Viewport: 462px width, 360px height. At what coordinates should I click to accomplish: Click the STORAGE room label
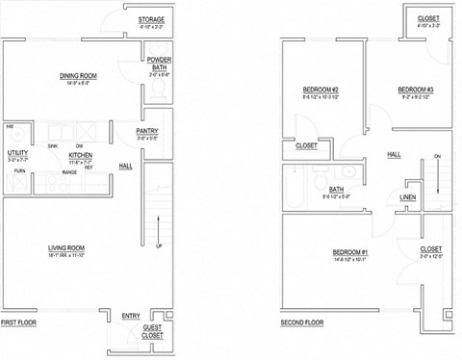[x=151, y=19]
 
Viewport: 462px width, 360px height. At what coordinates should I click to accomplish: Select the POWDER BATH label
[x=160, y=64]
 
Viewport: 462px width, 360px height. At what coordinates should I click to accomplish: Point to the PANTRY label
[x=147, y=131]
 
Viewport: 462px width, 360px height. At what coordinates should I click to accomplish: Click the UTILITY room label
[x=17, y=152]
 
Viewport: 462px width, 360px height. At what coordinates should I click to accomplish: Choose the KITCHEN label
[x=80, y=153]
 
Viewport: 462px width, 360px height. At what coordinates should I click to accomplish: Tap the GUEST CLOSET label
[x=152, y=332]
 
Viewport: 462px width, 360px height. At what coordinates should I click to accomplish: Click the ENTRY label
[x=131, y=316]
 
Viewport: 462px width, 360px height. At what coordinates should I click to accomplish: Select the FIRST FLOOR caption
[x=18, y=322]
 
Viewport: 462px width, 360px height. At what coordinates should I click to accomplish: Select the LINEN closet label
[x=408, y=197]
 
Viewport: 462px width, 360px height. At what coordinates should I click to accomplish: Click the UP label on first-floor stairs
[x=158, y=245]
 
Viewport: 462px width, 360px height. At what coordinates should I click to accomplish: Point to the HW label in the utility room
[x=10, y=127]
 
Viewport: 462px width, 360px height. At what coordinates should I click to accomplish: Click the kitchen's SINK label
[x=53, y=145]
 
